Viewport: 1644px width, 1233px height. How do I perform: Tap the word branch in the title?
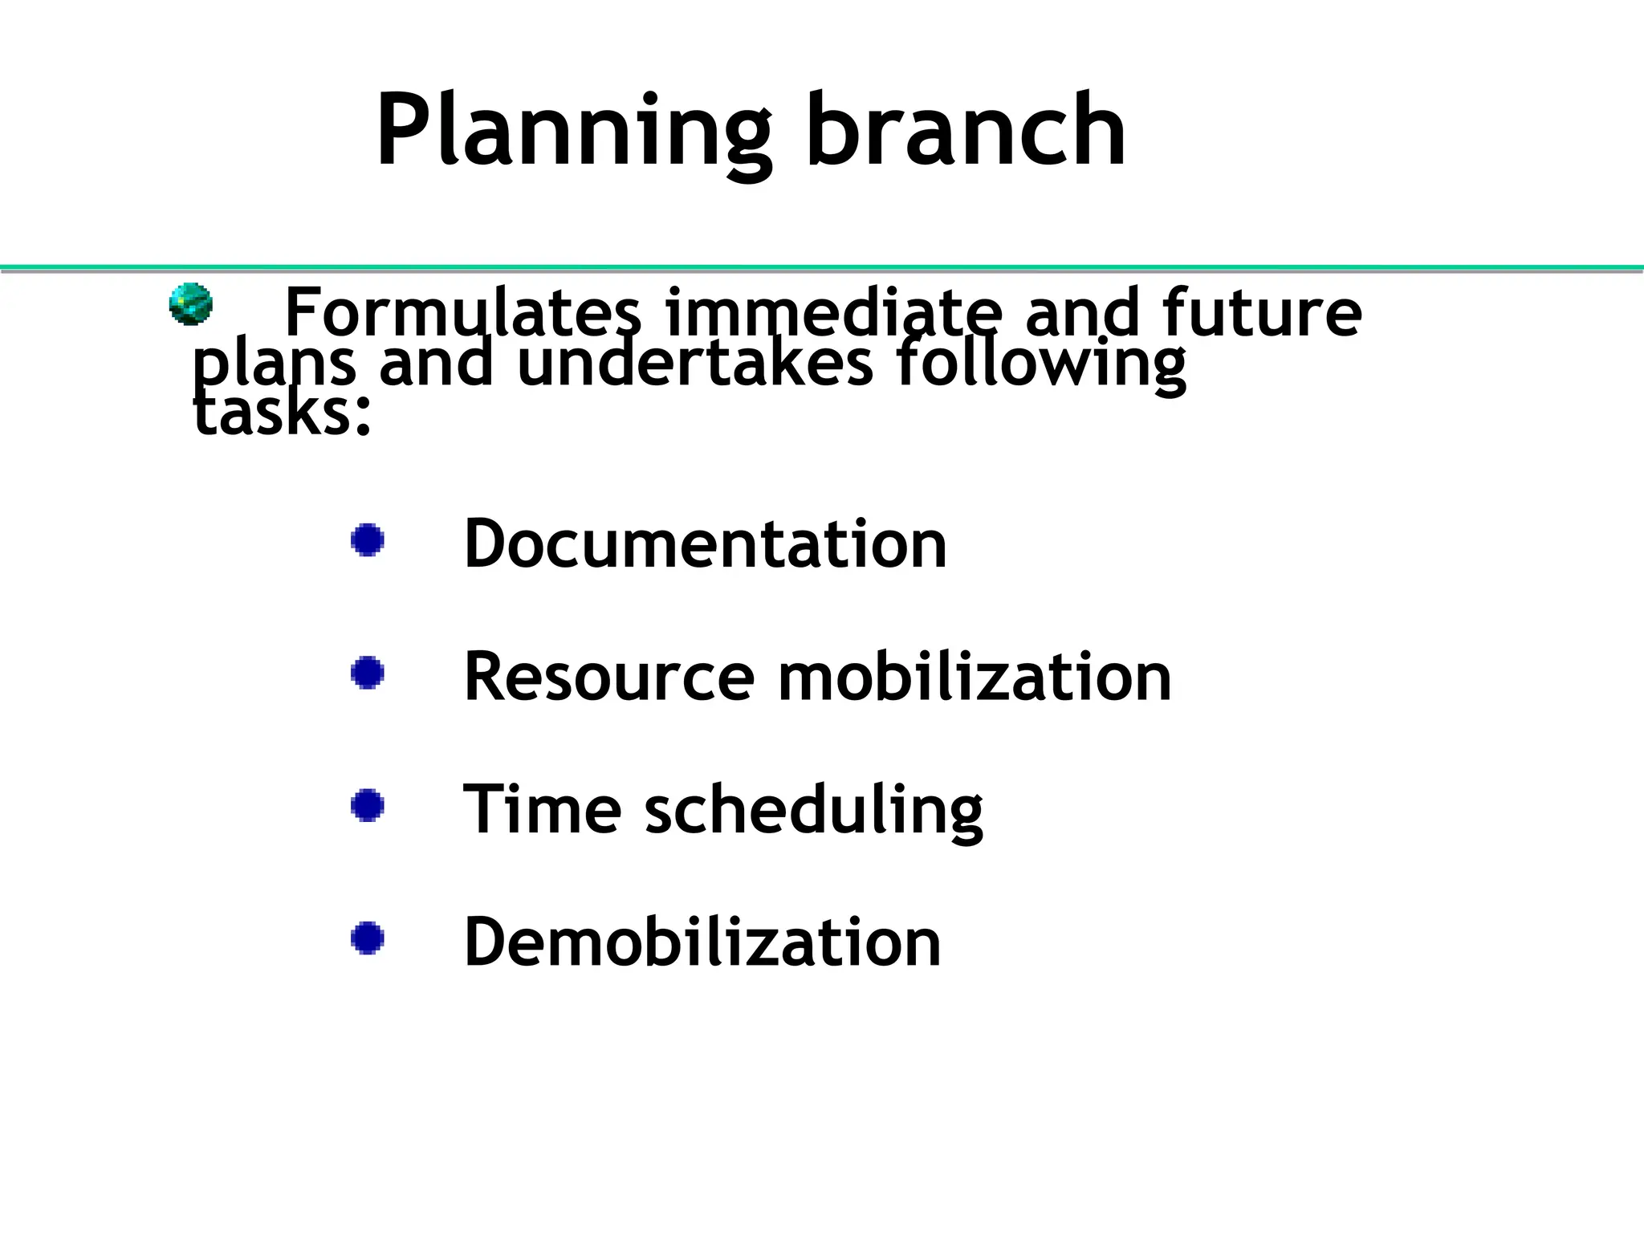pos(966,130)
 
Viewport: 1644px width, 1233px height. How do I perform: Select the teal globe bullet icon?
pos(191,304)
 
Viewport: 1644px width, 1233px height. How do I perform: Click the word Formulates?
pos(463,312)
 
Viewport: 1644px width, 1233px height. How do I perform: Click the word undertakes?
pos(695,363)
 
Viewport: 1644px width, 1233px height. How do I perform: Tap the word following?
pos(1040,364)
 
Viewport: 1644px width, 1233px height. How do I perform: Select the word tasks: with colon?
pos(283,414)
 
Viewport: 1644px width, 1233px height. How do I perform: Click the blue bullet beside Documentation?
pos(368,540)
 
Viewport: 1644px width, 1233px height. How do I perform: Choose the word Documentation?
pos(705,543)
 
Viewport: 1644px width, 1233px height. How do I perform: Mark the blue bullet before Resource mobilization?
pos(368,673)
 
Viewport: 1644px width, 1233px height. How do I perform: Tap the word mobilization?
pos(975,677)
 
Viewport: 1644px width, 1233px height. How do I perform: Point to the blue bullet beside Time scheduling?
pos(368,805)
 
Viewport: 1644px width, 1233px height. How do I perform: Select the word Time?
pos(542,809)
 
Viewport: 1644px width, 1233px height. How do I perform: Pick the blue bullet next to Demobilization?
pos(368,938)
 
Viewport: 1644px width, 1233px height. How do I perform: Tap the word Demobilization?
pos(702,942)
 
